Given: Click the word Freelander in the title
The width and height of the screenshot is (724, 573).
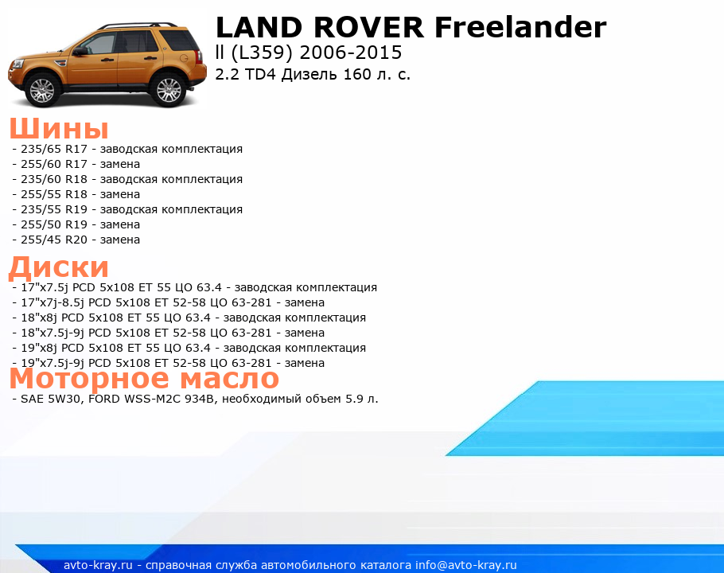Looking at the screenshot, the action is click(x=520, y=27).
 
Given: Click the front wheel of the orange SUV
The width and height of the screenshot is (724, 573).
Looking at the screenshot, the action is click(x=42, y=90).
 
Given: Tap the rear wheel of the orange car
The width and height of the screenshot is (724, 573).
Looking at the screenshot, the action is click(x=169, y=89).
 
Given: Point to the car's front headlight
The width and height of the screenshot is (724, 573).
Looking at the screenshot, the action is click(x=17, y=64).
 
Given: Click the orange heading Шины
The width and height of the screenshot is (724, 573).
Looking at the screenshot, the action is click(x=59, y=128).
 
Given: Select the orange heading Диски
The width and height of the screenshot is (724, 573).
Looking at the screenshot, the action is click(x=59, y=267).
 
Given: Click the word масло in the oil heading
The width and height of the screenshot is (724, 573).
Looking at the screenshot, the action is click(x=229, y=379).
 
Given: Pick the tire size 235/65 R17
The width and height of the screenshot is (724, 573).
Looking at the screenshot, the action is click(x=54, y=149).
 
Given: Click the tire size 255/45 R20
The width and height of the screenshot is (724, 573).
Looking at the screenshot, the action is click(x=54, y=240).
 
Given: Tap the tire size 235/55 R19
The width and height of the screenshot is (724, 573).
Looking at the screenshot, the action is click(x=54, y=209).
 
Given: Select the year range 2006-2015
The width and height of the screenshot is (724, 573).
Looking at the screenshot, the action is click(x=351, y=53).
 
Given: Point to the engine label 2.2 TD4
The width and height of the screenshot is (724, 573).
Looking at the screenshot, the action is click(x=245, y=74).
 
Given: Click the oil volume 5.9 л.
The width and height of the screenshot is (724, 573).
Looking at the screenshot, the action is click(x=362, y=399).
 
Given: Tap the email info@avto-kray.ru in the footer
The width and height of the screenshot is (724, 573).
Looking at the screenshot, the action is click(x=466, y=565).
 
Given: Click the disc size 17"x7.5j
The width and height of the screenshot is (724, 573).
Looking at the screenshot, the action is click(x=45, y=287).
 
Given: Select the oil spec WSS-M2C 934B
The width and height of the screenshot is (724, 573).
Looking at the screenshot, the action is click(x=169, y=399).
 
